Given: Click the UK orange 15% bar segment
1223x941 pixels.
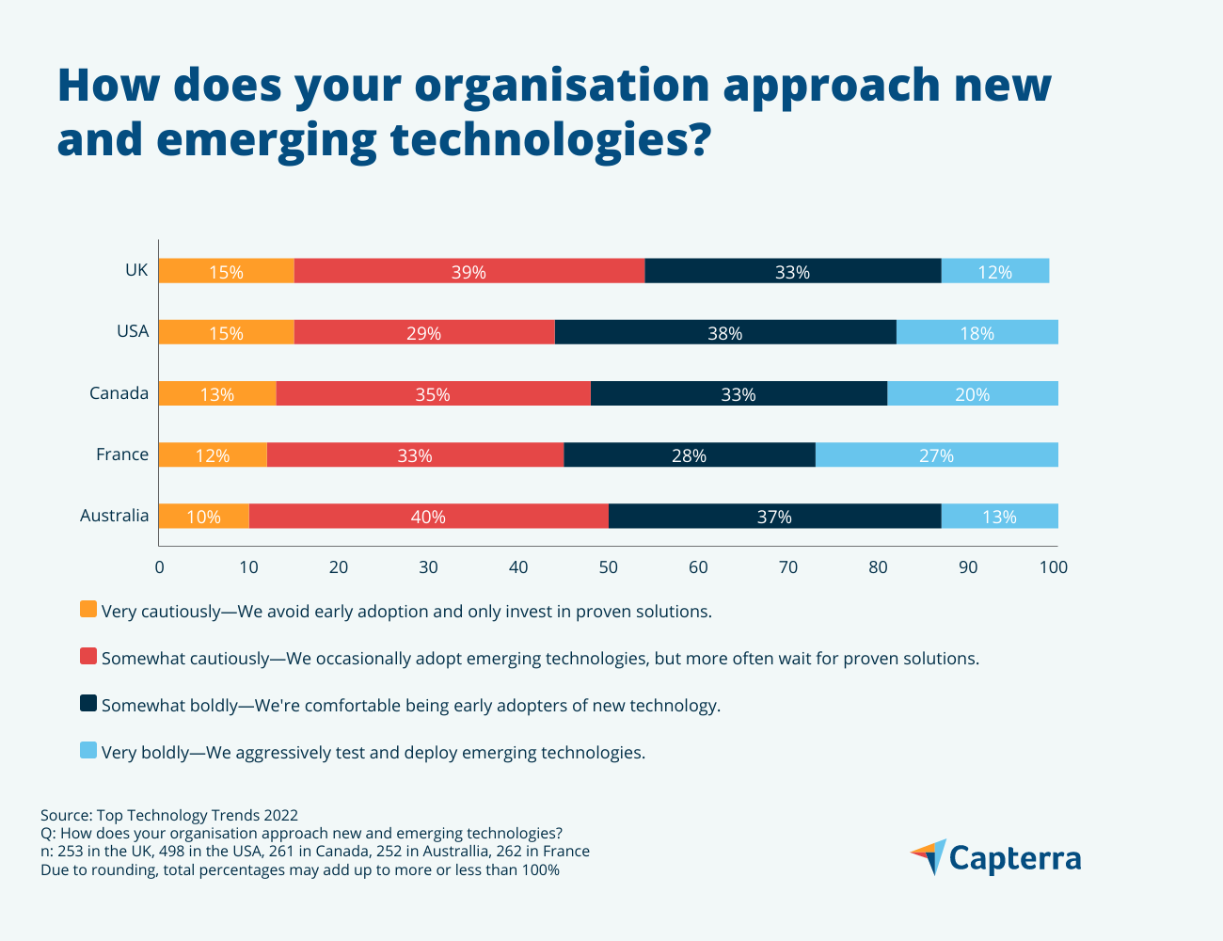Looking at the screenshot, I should click(226, 271).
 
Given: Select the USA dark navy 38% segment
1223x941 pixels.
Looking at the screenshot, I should click(724, 332).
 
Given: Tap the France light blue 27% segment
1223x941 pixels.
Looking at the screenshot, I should click(936, 455).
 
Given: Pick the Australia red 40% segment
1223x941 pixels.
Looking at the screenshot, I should click(428, 516).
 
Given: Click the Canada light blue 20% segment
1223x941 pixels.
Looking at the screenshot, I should click(972, 393).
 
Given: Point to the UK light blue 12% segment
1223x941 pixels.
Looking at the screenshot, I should click(994, 271).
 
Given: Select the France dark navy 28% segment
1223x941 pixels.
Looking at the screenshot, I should click(689, 455).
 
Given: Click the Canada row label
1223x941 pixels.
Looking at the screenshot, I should click(119, 393).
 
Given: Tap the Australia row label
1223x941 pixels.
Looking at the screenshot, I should click(114, 516).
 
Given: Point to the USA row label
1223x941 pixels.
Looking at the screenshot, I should click(133, 331).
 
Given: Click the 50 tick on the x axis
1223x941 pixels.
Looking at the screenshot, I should click(608, 567).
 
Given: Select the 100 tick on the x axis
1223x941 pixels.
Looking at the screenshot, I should click(1054, 567).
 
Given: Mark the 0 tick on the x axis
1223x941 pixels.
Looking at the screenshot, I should click(159, 567).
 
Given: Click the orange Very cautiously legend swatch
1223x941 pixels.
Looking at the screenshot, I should click(88, 610).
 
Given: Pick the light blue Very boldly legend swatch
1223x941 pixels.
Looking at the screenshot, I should click(88, 751).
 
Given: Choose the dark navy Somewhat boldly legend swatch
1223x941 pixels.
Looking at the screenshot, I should click(88, 704).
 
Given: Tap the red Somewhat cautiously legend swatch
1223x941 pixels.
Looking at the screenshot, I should click(88, 657).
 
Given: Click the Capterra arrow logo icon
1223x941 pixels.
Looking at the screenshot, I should click(929, 856).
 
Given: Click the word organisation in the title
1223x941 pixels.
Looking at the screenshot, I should click(561, 85).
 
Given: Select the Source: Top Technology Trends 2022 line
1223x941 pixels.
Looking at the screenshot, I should click(169, 815).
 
